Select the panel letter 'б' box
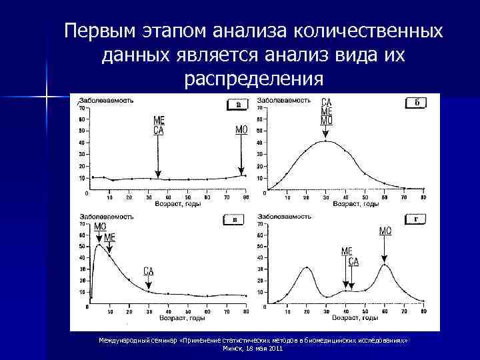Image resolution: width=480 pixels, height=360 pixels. click(x=415, y=103)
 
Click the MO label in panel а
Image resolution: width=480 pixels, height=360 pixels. click(x=241, y=130)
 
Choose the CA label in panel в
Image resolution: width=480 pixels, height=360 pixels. click(x=149, y=271)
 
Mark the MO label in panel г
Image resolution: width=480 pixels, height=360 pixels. click(x=385, y=231)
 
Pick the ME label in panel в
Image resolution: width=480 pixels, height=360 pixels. click(x=109, y=237)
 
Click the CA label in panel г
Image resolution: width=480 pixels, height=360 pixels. click(x=353, y=261)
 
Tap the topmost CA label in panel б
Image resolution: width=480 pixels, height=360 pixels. click(x=327, y=103)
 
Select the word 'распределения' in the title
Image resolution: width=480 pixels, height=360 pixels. click(x=253, y=79)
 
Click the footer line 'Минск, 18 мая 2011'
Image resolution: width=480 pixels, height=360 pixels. click(x=253, y=349)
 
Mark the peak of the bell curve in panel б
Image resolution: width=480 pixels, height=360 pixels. click(x=326, y=141)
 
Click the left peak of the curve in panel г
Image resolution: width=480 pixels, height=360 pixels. click(x=307, y=268)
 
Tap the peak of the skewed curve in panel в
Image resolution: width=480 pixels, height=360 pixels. click(x=99, y=245)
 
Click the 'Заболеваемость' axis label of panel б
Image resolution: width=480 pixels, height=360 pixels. click(x=285, y=101)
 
